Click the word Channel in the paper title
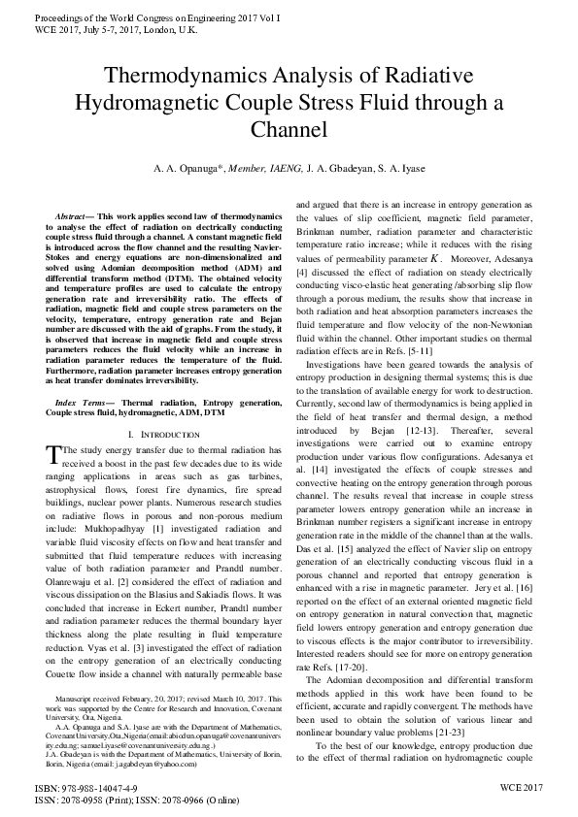[289, 129]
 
